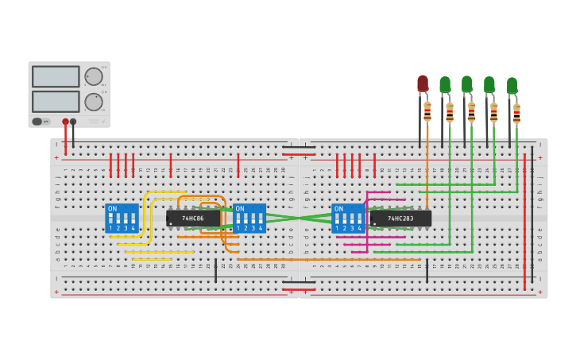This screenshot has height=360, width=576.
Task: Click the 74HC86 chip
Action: [193, 218]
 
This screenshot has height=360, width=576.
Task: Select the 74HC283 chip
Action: [400, 218]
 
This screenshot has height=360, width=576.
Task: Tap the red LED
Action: [423, 83]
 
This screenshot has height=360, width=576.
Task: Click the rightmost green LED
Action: [512, 85]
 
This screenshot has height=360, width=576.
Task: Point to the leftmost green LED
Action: [445, 84]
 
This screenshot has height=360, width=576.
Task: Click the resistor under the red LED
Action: [427, 111]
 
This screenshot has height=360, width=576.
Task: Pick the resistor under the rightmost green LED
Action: [516, 113]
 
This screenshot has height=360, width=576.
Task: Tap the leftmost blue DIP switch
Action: [122, 218]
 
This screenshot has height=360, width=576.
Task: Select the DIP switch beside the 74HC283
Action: [348, 218]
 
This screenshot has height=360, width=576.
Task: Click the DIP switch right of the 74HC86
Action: [249, 218]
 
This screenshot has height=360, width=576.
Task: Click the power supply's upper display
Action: [56, 76]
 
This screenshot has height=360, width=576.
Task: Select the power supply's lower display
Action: [56, 101]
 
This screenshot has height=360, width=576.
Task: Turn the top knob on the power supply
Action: [94, 76]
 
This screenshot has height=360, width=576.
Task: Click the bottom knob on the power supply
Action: [94, 102]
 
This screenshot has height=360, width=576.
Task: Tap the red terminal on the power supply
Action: [65, 122]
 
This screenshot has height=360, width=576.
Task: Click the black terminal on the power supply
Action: [73, 122]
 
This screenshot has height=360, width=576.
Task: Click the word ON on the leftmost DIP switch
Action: [112, 209]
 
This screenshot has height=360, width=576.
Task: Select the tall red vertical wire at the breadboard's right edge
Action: [524, 223]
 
